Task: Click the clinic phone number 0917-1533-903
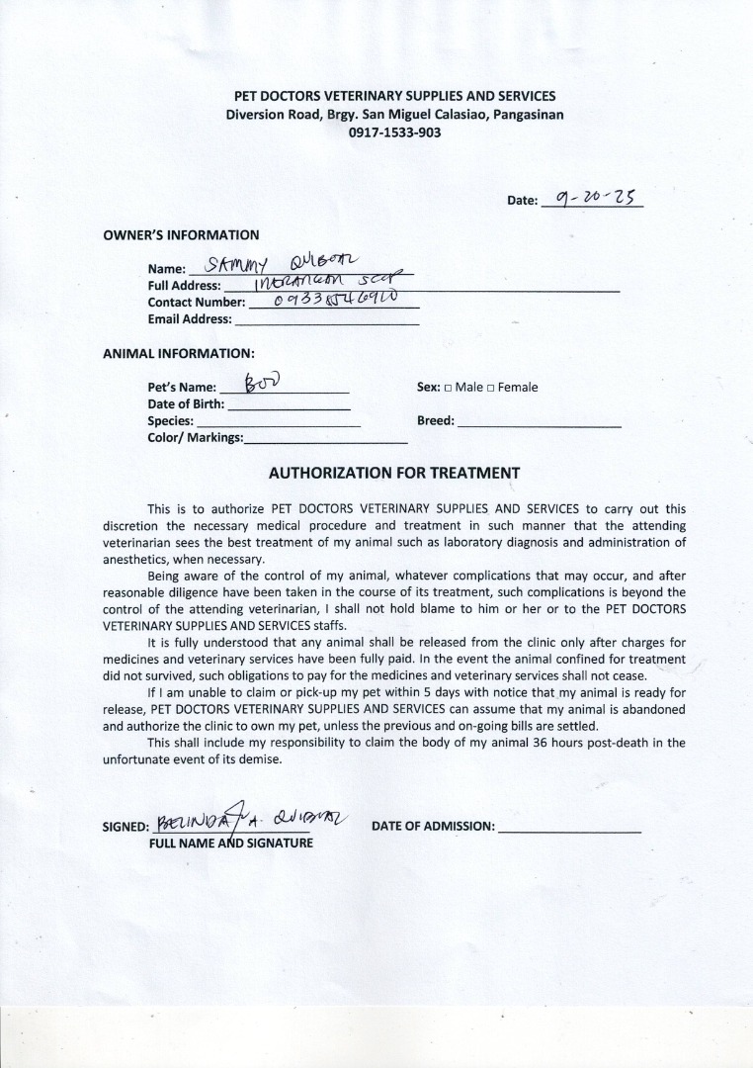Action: (x=394, y=132)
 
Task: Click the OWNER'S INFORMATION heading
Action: (x=181, y=235)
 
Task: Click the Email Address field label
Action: (x=190, y=319)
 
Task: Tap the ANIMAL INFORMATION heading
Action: (x=179, y=353)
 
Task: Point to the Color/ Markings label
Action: (x=195, y=437)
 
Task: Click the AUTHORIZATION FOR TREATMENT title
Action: (x=394, y=473)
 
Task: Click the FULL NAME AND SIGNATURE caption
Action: (x=230, y=843)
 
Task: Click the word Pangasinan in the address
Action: (x=516, y=114)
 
